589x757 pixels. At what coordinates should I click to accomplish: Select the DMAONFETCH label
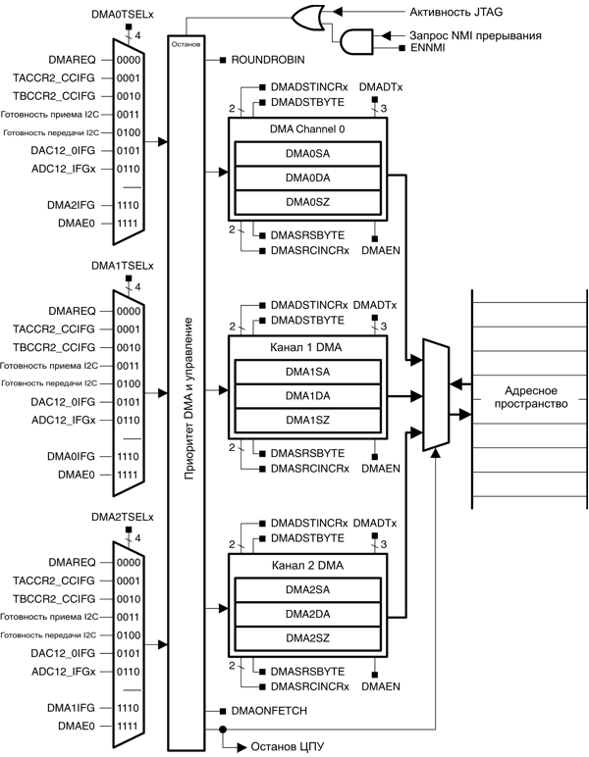[269, 709]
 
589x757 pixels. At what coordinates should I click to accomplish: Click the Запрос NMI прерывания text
[476, 34]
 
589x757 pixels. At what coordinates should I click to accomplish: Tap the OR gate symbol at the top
[307, 14]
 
